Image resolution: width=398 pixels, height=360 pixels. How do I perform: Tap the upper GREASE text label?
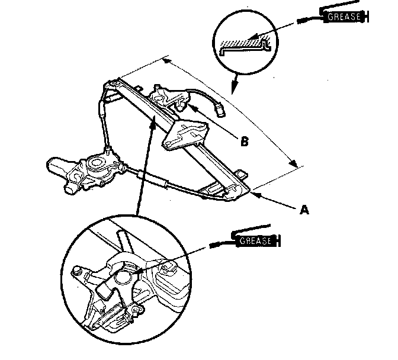[343, 17]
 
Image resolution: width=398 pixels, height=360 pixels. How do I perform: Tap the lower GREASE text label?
[256, 241]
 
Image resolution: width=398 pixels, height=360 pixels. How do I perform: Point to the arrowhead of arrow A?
[255, 191]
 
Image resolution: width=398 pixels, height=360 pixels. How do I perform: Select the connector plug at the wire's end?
[221, 111]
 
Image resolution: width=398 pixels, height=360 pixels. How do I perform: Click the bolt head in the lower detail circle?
[78, 272]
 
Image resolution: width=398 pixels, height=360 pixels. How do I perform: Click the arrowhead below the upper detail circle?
[235, 92]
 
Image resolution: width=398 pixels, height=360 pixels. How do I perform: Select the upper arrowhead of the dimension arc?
[166, 60]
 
